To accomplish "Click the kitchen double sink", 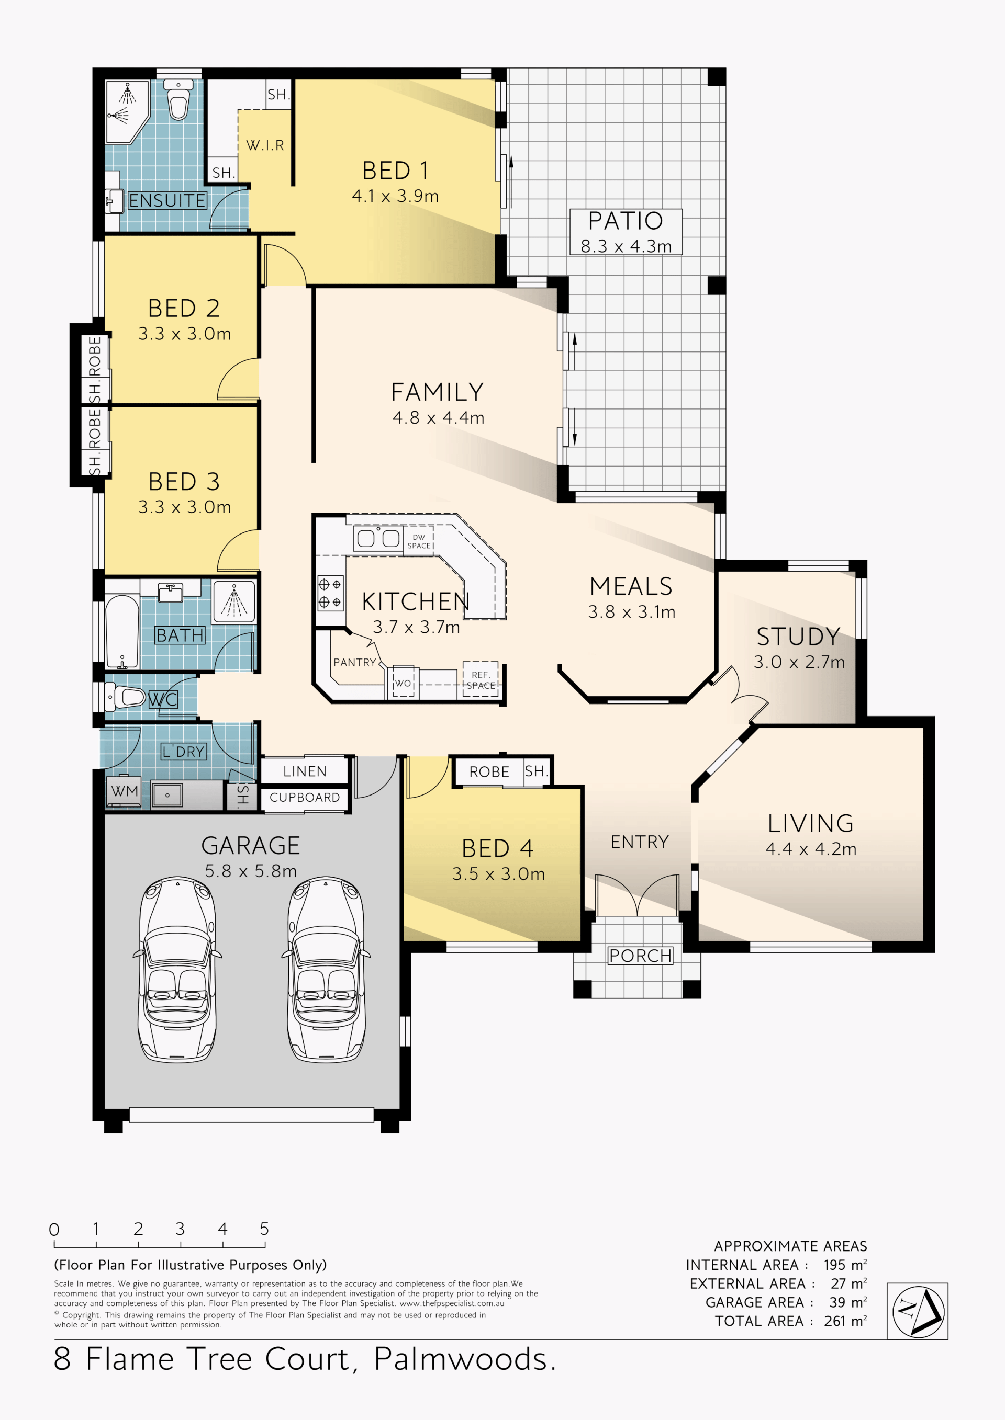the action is pos(378,538).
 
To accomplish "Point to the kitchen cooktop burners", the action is pos(329,593).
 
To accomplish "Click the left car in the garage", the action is pos(177,969).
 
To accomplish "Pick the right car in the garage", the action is pos(326,969).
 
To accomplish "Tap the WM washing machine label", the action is pos(125,791).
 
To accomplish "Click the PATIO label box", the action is pos(626,232).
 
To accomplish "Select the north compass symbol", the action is pos(918,1311).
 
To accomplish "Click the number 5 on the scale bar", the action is pos(264,1229).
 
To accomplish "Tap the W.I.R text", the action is pos(265,145).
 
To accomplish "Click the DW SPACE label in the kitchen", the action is pos(419,541).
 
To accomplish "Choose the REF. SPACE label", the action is pos(481,680).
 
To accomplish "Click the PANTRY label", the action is pos(354,662).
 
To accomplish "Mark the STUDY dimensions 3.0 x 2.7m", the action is pos(799,662).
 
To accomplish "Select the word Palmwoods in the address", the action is pos(465,1359).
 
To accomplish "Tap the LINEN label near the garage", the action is pos(305,771).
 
